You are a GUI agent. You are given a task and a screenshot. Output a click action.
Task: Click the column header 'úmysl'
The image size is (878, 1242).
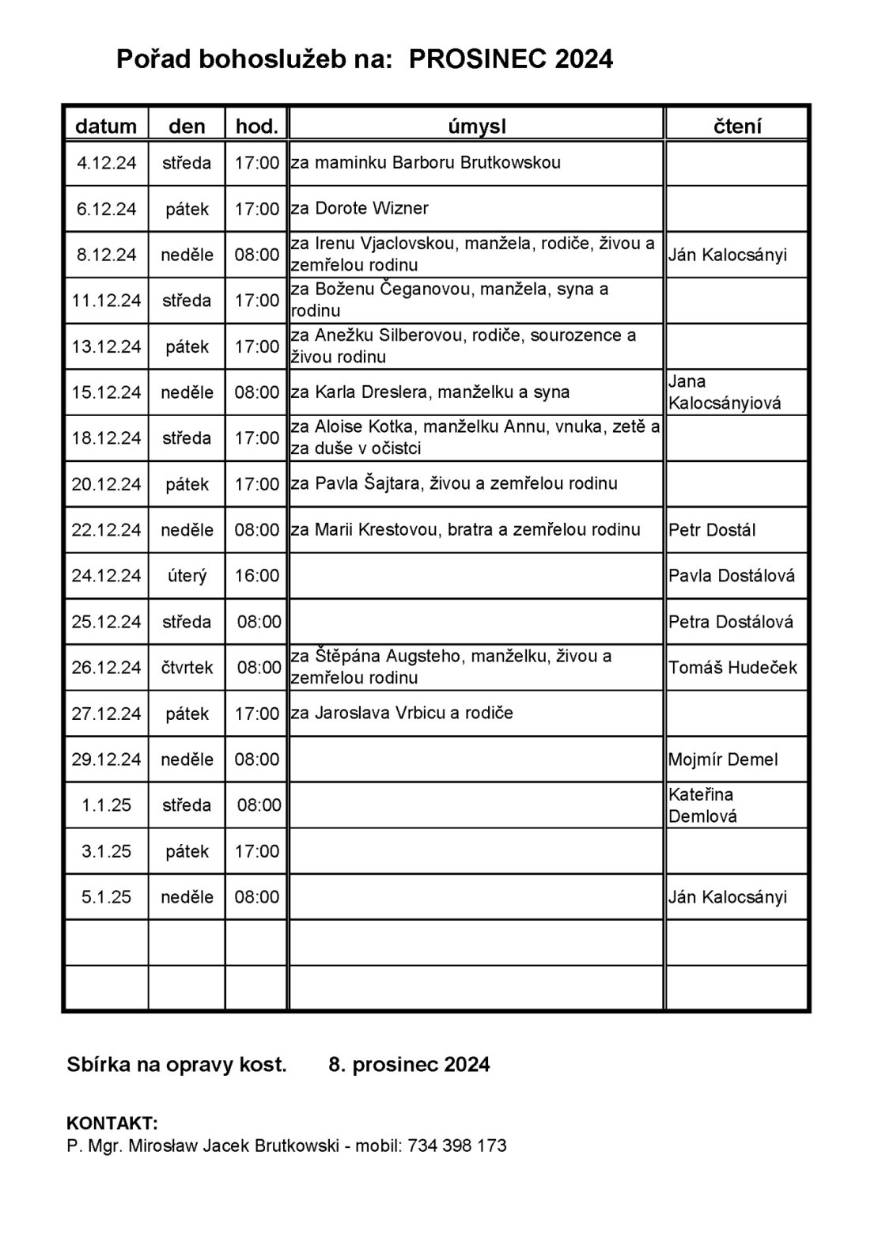coord(476,126)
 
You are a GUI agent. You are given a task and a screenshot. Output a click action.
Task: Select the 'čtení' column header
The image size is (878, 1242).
coord(736,126)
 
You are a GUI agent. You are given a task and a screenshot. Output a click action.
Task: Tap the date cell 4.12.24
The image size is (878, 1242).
coord(106,163)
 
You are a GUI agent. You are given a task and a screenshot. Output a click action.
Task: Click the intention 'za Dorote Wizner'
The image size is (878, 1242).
coord(360,208)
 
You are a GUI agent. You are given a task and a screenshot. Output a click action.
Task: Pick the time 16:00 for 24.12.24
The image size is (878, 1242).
coord(257,575)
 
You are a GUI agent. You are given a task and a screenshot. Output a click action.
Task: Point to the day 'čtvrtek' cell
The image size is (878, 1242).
coord(187,667)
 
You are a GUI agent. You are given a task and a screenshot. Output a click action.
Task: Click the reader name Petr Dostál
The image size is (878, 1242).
coord(711,529)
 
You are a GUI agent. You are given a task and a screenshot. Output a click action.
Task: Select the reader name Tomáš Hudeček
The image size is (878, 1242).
coord(732,667)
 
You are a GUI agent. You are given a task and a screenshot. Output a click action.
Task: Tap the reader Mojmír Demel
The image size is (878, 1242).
coord(723,759)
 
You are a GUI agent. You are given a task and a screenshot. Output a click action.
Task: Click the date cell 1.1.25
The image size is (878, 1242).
coord(106,805)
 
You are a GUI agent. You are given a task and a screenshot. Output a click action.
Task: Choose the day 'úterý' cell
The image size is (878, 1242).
coord(187,575)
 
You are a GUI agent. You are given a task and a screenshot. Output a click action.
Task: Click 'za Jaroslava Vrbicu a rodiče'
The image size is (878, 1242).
coord(402,713)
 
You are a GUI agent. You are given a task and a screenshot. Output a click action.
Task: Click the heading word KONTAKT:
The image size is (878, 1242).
coord(112,1123)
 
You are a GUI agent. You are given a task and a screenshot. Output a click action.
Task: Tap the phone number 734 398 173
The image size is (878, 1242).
coord(457,1145)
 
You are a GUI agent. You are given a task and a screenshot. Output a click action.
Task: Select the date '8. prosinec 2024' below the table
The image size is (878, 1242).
coord(409,1064)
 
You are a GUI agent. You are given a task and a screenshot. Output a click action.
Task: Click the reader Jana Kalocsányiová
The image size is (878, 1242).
coord(724,392)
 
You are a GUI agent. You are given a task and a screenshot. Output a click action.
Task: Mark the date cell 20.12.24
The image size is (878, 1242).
coord(106,483)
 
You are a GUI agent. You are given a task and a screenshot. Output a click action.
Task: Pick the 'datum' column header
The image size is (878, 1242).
coord(106,126)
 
